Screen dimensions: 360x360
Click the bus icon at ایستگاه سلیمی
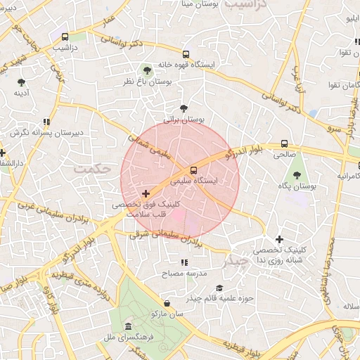(x=193, y=169)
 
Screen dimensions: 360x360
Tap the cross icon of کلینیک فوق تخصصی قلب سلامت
(x=146, y=193)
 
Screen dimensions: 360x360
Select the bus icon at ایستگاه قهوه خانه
(x=186, y=53)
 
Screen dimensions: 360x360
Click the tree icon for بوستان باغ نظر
(x=146, y=70)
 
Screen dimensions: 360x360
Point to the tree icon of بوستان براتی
(x=184, y=108)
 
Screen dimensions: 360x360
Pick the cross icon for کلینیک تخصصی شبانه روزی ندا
(x=280, y=239)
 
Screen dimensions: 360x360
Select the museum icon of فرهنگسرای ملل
(x=127, y=327)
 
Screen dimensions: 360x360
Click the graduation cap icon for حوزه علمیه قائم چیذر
(x=219, y=288)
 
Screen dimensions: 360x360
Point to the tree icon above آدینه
(x=20, y=82)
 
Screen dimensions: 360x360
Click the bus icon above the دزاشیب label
(x=65, y=37)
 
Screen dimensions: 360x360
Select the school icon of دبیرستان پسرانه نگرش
(x=47, y=122)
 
